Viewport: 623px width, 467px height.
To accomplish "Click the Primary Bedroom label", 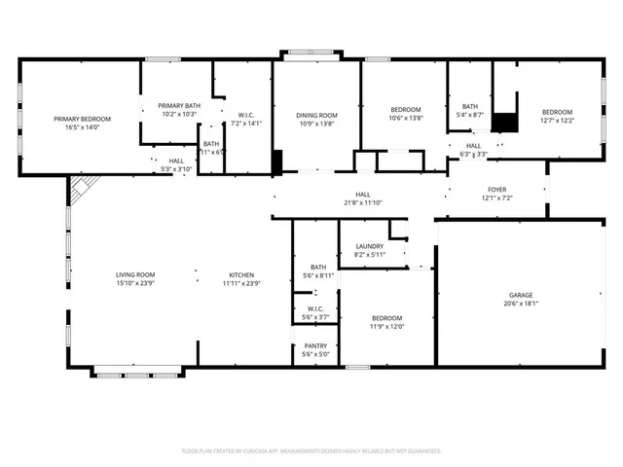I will click(x=82, y=119).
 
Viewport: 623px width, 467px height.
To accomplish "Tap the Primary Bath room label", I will click(x=179, y=105).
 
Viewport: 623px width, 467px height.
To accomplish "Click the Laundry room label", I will click(x=369, y=246).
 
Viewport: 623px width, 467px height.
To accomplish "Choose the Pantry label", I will click(x=315, y=345).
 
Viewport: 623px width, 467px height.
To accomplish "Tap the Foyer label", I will click(x=496, y=190).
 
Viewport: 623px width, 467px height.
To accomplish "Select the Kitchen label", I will click(x=241, y=275).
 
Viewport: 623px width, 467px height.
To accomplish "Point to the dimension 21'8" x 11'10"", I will click(x=363, y=203).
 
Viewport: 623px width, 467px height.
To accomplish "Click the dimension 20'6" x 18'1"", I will click(x=521, y=303).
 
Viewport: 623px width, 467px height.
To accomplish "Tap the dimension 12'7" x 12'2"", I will click(x=558, y=121).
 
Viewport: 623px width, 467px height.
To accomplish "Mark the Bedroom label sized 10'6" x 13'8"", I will click(x=406, y=108).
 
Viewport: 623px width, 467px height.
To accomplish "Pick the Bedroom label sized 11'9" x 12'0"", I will click(x=385, y=318).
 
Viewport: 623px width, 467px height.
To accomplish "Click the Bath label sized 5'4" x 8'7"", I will click(x=470, y=106).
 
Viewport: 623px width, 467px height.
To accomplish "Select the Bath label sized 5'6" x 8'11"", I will click(x=318, y=267).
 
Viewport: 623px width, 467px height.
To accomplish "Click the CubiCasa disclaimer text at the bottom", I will click(x=311, y=451).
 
